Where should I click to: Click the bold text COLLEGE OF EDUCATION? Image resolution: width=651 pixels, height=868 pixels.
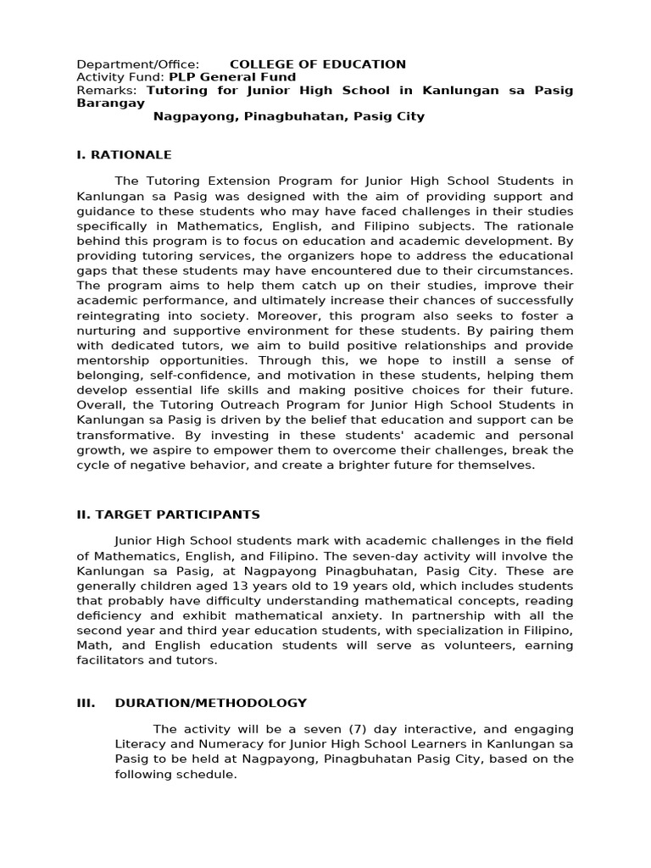tap(318, 64)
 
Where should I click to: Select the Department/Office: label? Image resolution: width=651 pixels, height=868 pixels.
tap(138, 64)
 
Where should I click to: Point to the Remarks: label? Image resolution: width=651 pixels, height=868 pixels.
tap(108, 90)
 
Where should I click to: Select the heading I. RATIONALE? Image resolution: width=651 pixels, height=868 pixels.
tap(124, 155)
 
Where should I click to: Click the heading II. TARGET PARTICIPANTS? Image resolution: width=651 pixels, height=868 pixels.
tap(168, 515)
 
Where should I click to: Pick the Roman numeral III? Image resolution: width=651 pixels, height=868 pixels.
tap(86, 703)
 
